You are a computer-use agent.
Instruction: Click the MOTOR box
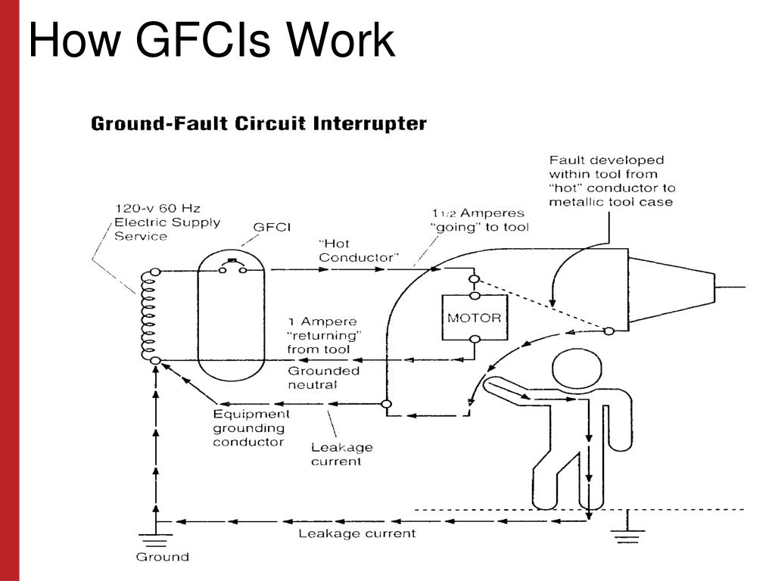point(474,318)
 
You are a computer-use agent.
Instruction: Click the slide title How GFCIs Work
point(212,41)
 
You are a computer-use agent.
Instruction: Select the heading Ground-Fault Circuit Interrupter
point(259,123)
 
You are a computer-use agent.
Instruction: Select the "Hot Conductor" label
point(358,250)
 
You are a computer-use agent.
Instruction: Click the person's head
point(576,368)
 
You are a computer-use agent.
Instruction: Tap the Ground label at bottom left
point(162,557)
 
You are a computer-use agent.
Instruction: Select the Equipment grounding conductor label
point(251,427)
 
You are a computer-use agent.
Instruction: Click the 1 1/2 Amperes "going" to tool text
point(479,220)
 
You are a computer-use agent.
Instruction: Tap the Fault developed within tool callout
point(611,181)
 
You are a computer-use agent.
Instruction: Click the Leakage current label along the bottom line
point(356,533)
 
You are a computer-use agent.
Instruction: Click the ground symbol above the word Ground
point(157,539)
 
